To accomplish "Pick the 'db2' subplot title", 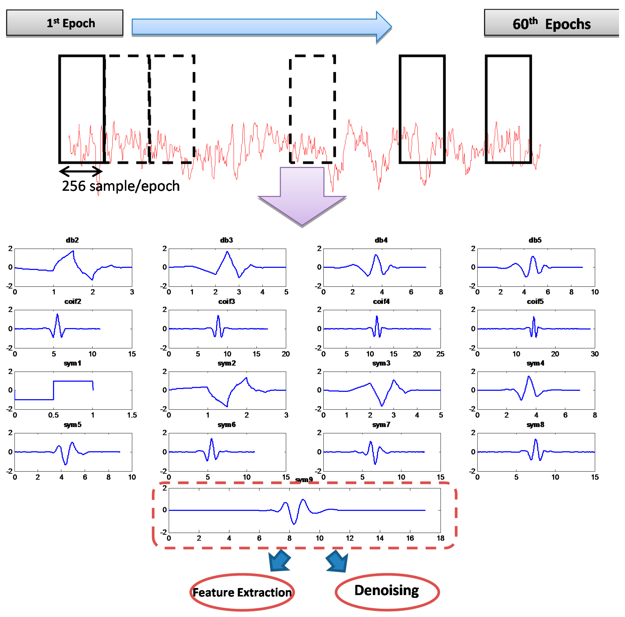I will point(72,240).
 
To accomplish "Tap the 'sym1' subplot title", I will point(72,363).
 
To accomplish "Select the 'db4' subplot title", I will point(381,240).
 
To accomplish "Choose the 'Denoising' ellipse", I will point(387,591).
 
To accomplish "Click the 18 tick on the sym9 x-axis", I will point(440,538).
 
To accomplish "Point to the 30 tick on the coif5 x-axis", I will point(595,354).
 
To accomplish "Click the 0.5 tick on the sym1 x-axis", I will point(54,415).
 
